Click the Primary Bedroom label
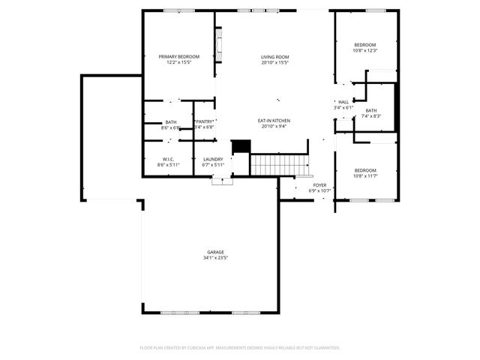pos(178,57)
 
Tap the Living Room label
pos(274,57)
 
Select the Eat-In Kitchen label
pos(274,121)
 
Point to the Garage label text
pos(215,252)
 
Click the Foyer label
pos(320,184)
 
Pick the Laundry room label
pos(213,159)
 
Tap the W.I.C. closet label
pos(169,159)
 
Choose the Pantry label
pos(204,121)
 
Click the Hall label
pos(343,102)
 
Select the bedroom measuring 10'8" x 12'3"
pos(364,47)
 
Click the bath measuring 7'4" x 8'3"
pos(371,113)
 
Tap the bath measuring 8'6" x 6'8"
pos(171,125)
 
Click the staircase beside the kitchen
pos(279,163)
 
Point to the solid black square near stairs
pos(241,146)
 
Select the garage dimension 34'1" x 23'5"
pos(215,258)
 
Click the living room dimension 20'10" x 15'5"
pos(274,63)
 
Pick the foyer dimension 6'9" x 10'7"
pos(320,190)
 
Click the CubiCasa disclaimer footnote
pos(240,348)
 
